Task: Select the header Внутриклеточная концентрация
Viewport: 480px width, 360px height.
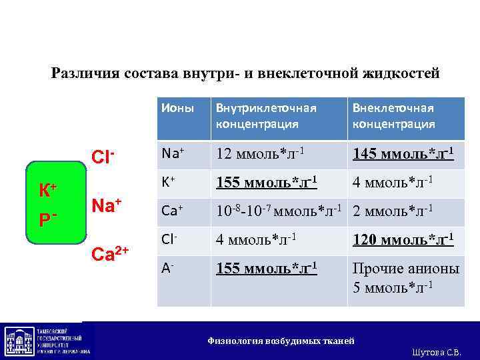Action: click(x=265, y=116)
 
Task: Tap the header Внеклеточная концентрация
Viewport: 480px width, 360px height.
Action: click(x=393, y=116)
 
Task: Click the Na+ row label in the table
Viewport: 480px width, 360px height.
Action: click(x=173, y=153)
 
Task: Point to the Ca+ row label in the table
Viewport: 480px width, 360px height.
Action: click(x=172, y=211)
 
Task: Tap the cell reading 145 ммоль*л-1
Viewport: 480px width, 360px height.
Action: click(x=403, y=154)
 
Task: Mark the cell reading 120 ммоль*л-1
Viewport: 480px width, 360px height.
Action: click(x=403, y=239)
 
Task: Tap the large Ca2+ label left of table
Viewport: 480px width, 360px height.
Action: click(x=111, y=254)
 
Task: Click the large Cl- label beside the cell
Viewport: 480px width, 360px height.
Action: click(x=104, y=157)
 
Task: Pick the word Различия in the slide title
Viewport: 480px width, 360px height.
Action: click(x=85, y=73)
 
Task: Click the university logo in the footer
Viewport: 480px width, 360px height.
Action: click(x=47, y=341)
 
